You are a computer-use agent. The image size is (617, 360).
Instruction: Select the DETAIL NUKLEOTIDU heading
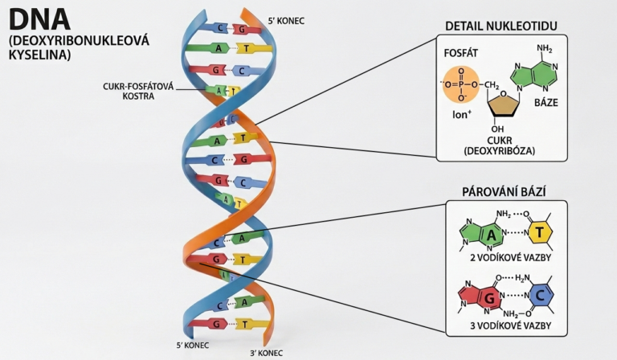(505, 27)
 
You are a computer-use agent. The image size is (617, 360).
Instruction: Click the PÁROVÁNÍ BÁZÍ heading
(505, 193)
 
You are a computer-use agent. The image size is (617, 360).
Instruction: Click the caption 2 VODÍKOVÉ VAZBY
(505, 260)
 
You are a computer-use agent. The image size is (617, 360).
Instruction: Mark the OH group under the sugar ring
(497, 128)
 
